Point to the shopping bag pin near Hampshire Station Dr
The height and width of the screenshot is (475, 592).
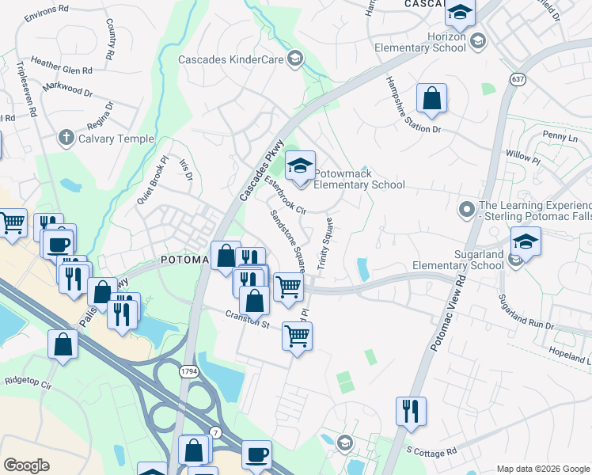432,100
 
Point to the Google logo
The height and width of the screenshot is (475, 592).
26,465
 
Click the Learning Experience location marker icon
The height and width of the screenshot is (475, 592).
467,210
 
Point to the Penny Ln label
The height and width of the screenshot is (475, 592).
560,136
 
